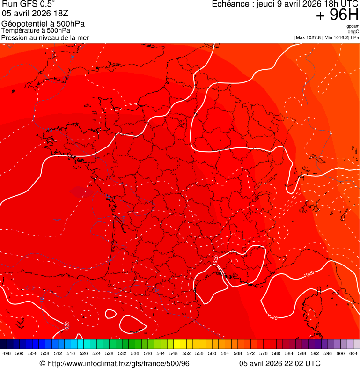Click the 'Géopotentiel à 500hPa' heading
click(x=43, y=24)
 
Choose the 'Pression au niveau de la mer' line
click(x=45, y=37)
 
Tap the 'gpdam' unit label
click(x=353, y=26)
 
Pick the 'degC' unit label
click(x=353, y=32)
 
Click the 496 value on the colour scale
click(x=7, y=353)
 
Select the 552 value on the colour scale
click(x=187, y=353)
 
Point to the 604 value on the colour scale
click(x=354, y=353)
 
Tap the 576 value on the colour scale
click(x=264, y=353)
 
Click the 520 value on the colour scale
click(x=84, y=353)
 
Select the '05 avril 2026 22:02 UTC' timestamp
click(x=279, y=363)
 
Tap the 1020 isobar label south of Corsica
click(x=272, y=317)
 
